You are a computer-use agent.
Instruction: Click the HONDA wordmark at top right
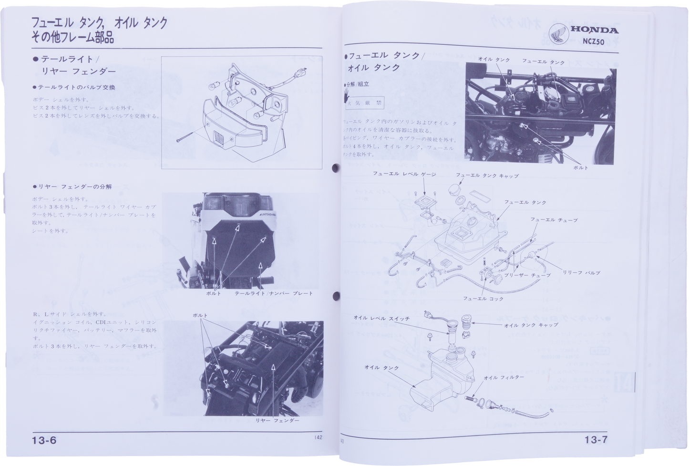(x=595, y=30)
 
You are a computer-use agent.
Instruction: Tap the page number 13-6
(x=45, y=440)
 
